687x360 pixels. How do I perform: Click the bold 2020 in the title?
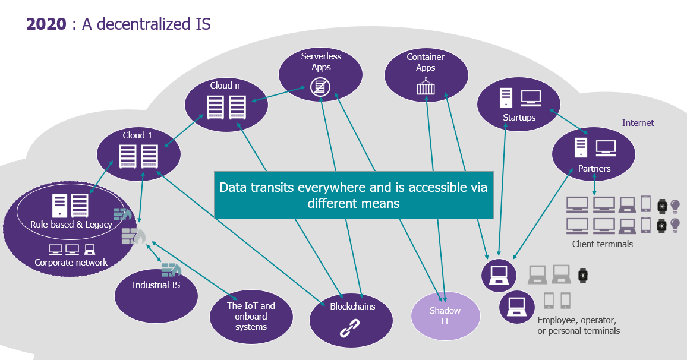pos(46,24)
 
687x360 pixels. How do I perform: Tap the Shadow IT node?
pos(445,316)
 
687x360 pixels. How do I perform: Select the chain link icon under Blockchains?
pos(349,328)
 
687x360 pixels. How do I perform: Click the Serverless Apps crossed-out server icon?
pos(320,87)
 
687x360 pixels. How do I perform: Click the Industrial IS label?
pos(156,285)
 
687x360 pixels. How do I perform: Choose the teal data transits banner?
pos(354,195)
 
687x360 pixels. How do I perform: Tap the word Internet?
pos(638,123)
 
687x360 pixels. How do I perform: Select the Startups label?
pos(519,118)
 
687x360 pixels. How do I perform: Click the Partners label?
pos(594,169)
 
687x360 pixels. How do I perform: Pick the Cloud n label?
pos(225,86)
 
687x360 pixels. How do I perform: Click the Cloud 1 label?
pos(137,135)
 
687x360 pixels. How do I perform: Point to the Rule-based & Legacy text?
pos(71,224)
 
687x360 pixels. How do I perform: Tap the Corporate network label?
pos(71,263)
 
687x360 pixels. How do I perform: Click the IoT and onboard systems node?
pos(251,317)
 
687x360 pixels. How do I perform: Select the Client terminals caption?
pos(603,244)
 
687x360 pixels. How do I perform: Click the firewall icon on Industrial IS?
pos(171,270)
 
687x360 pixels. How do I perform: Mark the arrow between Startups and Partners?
pos(569,121)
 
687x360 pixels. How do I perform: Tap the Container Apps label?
pos(426,62)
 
